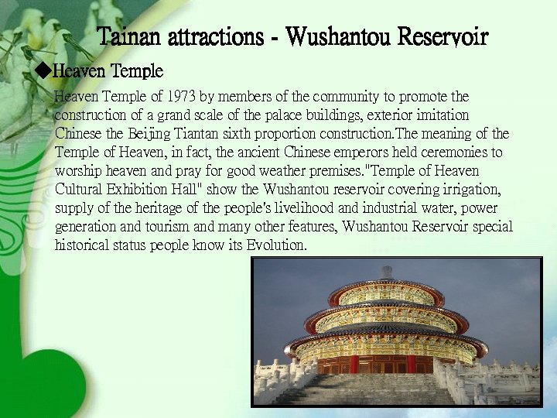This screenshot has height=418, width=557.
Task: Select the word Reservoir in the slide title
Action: pos(442,36)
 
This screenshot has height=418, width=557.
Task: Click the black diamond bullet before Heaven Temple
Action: pos(43,72)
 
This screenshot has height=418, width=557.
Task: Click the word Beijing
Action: pos(147,133)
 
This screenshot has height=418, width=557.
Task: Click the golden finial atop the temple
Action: pos(384,270)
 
